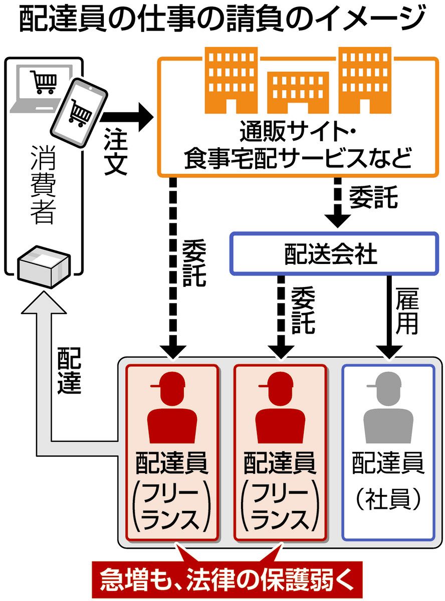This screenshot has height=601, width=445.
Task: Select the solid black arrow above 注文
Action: tap(127, 117)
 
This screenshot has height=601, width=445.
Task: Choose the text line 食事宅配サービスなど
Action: tap(298, 159)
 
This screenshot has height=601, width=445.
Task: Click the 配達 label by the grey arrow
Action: tap(69, 370)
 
